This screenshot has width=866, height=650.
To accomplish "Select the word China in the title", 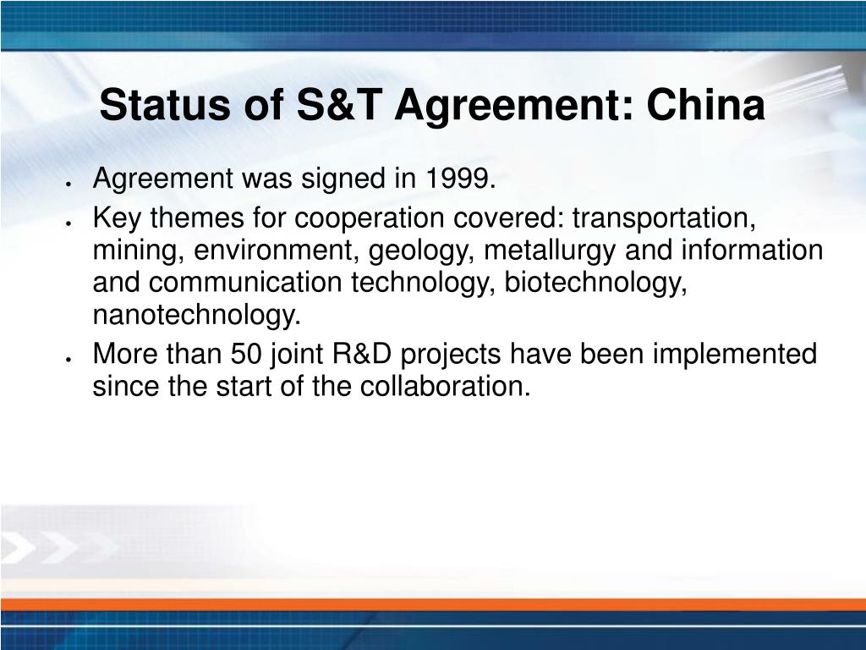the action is pyautogui.click(x=705, y=104).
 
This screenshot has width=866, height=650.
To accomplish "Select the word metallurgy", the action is pyautogui.click(x=549, y=251).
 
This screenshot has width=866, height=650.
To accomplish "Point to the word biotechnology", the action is pyautogui.click(x=595, y=283).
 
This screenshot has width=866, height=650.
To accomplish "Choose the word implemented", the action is pyautogui.click(x=734, y=355).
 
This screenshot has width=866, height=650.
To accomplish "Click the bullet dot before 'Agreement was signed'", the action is pyautogui.click(x=68, y=184).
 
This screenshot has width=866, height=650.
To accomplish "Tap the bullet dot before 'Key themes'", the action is pyautogui.click(x=68, y=223).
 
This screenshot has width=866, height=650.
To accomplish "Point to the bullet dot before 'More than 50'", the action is pyautogui.click(x=68, y=359).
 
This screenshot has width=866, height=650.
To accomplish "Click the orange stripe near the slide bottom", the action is pyautogui.click(x=433, y=604).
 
